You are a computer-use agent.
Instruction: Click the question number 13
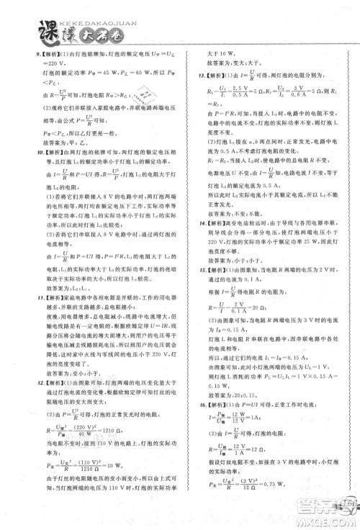pos(195,74)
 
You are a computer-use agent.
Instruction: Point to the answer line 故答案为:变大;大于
pos(220,63)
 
